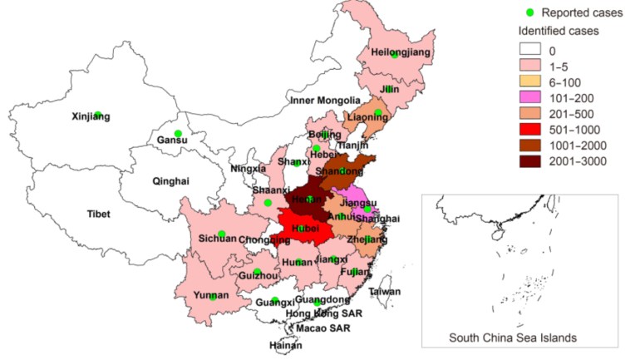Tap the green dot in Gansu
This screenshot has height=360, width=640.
tap(177, 133)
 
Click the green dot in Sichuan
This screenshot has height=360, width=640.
tap(221, 234)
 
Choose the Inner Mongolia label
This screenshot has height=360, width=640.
tap(322, 101)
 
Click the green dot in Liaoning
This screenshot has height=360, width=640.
tap(378, 113)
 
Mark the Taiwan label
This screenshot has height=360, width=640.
tap(385, 292)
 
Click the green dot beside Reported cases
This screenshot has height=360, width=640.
tap(529, 12)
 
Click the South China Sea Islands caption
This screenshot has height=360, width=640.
tap(512, 338)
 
